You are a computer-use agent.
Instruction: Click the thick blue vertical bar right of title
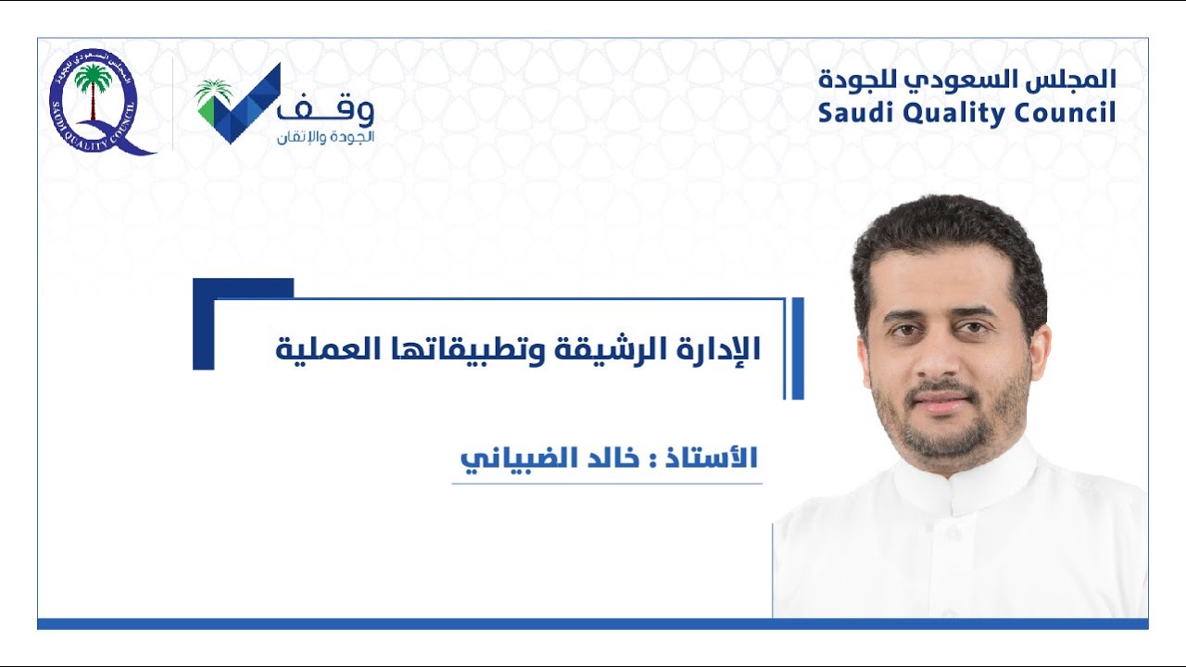pos(799,348)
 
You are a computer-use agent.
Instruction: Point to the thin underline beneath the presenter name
pos(607,484)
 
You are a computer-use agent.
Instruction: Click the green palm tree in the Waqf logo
pos(215,94)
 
